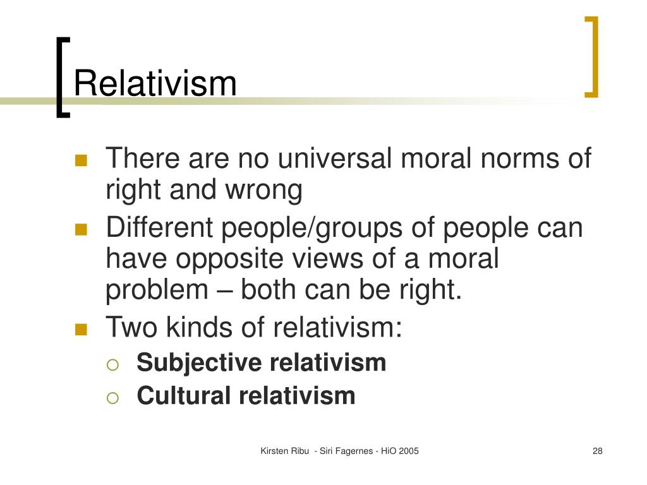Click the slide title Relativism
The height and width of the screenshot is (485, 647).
(x=155, y=84)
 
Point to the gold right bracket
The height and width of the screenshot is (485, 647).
(x=592, y=57)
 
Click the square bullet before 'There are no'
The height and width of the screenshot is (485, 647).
(x=81, y=160)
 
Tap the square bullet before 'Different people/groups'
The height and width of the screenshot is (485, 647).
(x=81, y=229)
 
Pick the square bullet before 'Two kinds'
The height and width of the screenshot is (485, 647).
(x=81, y=329)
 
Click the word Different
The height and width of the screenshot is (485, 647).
(x=159, y=227)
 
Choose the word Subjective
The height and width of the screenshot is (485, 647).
(x=199, y=362)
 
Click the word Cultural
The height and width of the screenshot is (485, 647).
(x=184, y=396)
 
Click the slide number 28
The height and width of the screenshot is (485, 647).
(x=597, y=451)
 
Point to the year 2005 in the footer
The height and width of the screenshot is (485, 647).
(x=409, y=451)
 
